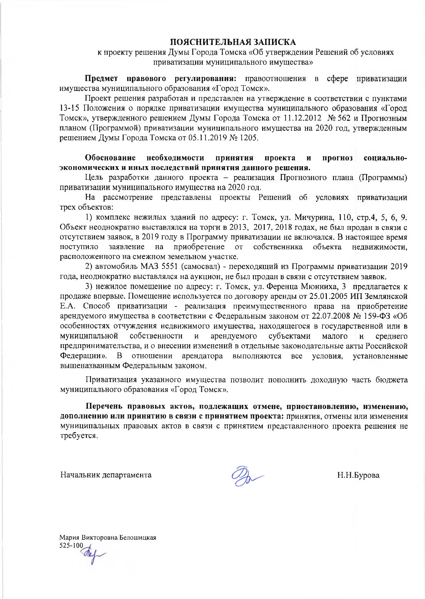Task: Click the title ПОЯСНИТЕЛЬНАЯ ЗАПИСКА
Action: click(x=233, y=42)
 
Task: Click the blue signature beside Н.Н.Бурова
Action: click(x=246, y=475)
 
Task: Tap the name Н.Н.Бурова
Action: click(x=358, y=475)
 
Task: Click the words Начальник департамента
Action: click(x=106, y=475)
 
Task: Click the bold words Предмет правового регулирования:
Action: click(x=160, y=79)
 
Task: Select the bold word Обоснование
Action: click(x=110, y=158)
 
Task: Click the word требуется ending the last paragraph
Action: click(x=78, y=436)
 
